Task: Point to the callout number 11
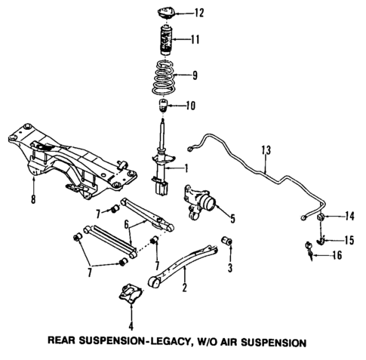pyautogui.click(x=195, y=39)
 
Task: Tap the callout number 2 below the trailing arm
pyautogui.click(x=183, y=288)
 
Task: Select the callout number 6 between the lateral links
pyautogui.click(x=128, y=223)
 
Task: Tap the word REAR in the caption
pyautogui.click(x=73, y=342)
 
